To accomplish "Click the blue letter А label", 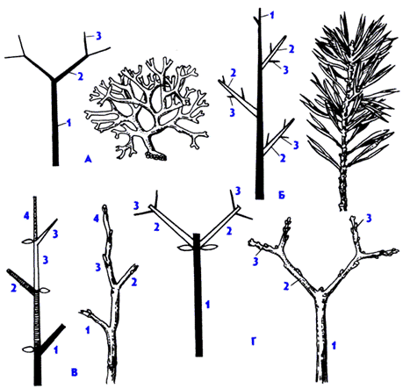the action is click(x=88, y=159).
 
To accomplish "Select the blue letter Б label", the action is click(x=281, y=195).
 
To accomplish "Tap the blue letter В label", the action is click(x=75, y=372).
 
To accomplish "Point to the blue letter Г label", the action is click(x=254, y=342).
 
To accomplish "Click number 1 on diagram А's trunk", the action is click(x=68, y=123).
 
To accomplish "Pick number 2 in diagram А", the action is click(x=80, y=76).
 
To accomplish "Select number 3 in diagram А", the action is click(x=98, y=36).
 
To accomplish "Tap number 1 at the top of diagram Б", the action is click(x=272, y=15).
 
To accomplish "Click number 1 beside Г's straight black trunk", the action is click(x=207, y=305).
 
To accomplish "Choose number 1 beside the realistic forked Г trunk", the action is click(x=334, y=346).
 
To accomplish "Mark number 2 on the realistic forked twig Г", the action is click(x=286, y=285).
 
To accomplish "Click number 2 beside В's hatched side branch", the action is click(x=13, y=288).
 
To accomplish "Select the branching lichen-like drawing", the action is click(x=147, y=108).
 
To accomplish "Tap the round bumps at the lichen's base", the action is click(x=156, y=156).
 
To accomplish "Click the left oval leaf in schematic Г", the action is click(x=185, y=248).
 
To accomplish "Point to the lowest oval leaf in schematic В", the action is click(x=29, y=349).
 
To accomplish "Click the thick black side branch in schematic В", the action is click(x=53, y=339).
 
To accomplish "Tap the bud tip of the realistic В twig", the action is click(x=104, y=208).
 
